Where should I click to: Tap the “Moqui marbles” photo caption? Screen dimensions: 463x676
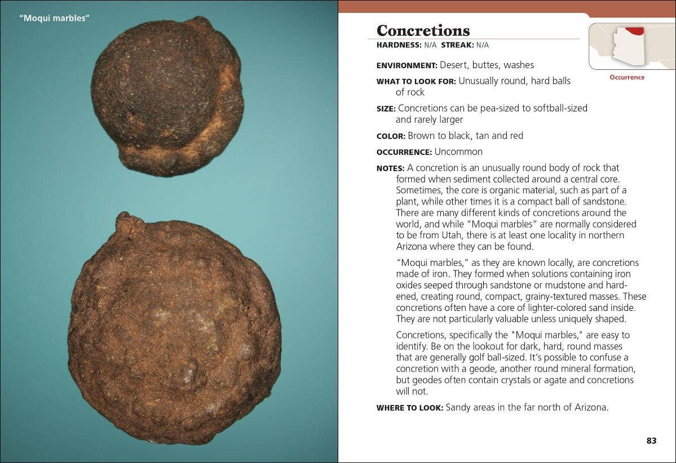[55, 19]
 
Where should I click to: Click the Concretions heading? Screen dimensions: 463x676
[423, 30]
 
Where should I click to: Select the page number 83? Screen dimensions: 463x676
[651, 440]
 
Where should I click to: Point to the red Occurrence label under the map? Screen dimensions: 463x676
[627, 77]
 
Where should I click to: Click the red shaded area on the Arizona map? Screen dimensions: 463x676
[634, 30]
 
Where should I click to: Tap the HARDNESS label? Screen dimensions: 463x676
[399, 45]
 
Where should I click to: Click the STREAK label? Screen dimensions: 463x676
[457, 45]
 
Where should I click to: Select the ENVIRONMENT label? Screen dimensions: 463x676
[407, 65]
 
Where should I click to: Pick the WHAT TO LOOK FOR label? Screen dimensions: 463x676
[416, 81]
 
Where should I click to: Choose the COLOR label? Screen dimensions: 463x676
[391, 136]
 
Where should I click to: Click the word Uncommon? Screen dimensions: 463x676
[458, 152]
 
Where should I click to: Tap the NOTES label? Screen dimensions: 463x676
[390, 168]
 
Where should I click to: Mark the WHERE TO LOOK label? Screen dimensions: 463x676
[410, 407]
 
